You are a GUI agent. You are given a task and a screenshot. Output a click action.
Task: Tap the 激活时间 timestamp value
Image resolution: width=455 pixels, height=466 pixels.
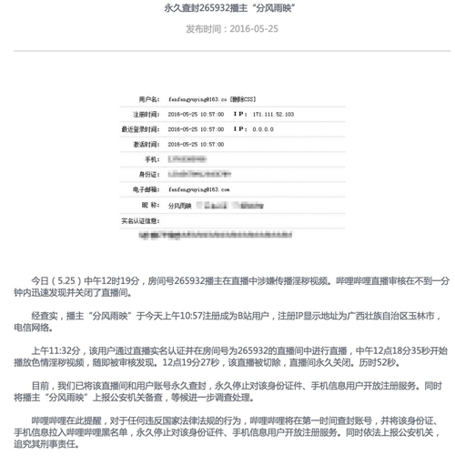(x=196, y=145)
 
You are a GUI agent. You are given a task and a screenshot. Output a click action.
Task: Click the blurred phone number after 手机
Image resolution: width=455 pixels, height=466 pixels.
(x=189, y=159)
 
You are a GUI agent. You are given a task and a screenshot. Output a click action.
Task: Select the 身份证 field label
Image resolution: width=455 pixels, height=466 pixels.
(x=148, y=174)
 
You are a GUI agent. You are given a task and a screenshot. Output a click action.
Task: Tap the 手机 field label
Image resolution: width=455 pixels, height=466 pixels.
(x=151, y=159)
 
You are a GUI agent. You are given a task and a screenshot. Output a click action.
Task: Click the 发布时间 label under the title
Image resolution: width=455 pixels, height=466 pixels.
(x=206, y=28)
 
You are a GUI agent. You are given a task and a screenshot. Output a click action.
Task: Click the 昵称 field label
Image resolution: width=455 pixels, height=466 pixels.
(x=150, y=205)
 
